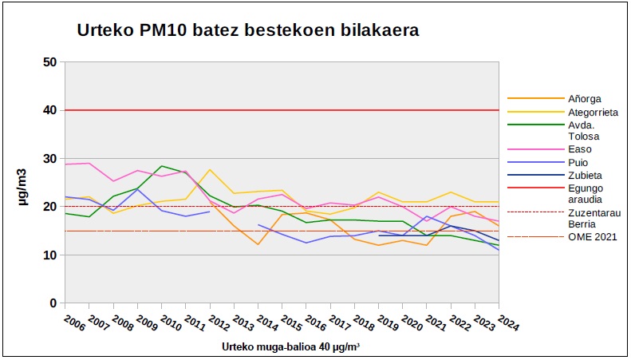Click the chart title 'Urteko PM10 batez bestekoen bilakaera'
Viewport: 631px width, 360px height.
tap(248, 31)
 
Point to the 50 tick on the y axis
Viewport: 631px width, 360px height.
tap(49, 61)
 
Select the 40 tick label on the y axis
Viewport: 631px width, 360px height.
tap(49, 110)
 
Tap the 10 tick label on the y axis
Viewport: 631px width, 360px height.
tap(49, 255)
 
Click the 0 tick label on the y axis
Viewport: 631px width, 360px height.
tap(53, 303)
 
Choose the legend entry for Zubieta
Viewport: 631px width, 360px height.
tap(563, 175)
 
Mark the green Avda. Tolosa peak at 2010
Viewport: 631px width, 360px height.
tap(161, 166)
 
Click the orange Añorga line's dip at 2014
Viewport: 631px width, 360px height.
tap(258, 244)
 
